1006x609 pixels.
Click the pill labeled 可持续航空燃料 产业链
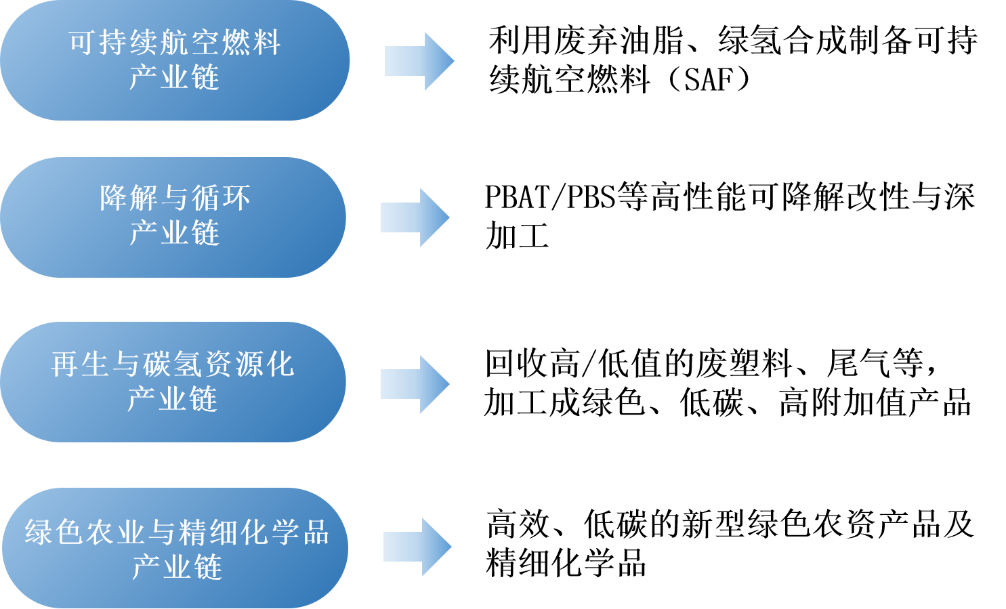tap(175, 60)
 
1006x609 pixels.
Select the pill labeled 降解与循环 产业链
tap(173, 217)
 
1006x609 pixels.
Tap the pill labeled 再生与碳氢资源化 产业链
tap(173, 382)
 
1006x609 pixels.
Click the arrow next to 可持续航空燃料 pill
tap(419, 61)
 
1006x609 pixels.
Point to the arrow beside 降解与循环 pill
tap(415, 217)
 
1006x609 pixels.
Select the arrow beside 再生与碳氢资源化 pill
tap(415, 383)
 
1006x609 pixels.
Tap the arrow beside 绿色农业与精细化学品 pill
tap(417, 547)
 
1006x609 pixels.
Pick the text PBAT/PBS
tap(550, 197)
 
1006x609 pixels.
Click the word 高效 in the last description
tap(518, 524)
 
